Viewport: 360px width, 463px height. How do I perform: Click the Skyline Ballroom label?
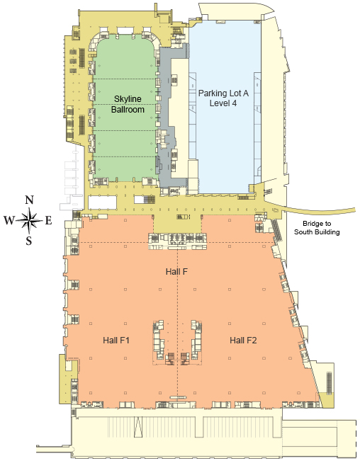coord(128,104)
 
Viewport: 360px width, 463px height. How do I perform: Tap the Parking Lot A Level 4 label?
coord(223,98)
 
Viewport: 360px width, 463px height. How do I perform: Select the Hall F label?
coord(176,271)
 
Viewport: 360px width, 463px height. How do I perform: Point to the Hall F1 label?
coord(116,340)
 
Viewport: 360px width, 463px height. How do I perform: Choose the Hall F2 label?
coord(243,340)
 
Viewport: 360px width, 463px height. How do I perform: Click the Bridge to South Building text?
coord(317,228)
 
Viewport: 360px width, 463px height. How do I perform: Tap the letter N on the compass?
coord(29,200)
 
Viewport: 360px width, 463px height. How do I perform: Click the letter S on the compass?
coord(28,241)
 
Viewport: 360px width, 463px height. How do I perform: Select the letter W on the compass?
coord(9,220)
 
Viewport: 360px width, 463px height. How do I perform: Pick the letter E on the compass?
coord(48,220)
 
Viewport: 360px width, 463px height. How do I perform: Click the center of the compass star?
coord(29,220)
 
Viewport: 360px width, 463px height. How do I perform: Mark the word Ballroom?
coord(128,109)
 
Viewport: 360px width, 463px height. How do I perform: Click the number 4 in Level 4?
coord(234,103)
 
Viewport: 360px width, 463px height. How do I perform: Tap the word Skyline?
coord(128,99)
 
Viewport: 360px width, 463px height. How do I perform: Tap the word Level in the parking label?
coord(220,103)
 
